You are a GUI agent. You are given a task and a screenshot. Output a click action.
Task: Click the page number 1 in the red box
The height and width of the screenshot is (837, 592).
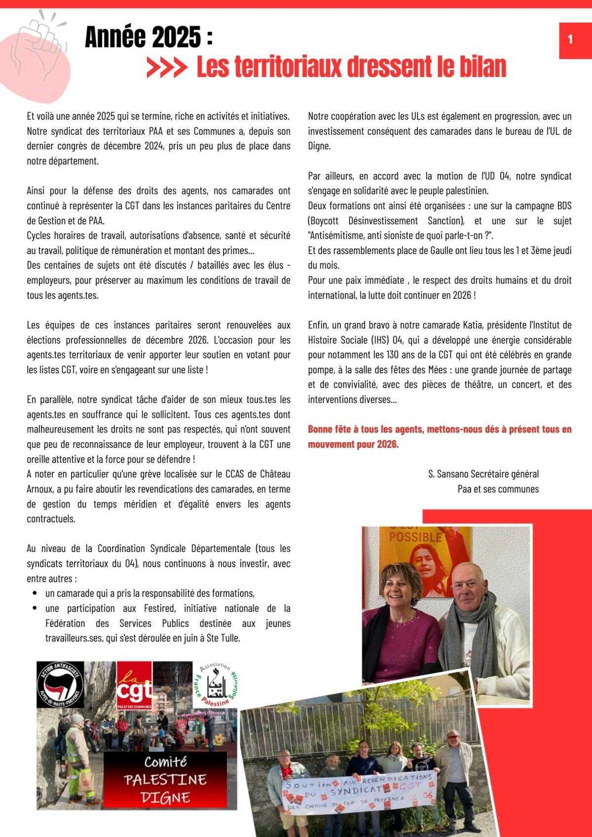tap(570, 39)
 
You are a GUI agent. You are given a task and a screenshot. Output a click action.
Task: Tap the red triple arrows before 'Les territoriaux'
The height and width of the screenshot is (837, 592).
tap(167, 69)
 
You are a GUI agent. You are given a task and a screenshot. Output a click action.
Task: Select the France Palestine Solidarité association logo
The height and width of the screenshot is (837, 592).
tap(215, 685)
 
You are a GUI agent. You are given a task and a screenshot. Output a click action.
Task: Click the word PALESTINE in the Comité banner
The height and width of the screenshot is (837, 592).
tap(165, 779)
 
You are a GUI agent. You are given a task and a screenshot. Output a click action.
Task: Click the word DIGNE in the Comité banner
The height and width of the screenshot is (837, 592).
tap(165, 797)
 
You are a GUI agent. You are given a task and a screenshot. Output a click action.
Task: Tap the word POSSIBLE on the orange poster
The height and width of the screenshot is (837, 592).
tap(415, 537)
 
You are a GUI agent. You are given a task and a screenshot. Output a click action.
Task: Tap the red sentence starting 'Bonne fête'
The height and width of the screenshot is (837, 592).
tap(439, 437)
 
